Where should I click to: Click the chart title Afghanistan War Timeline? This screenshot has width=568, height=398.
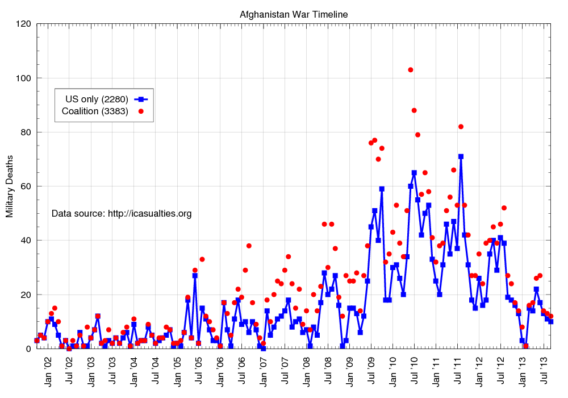click(x=294, y=14)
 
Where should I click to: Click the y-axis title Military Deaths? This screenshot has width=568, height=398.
click(x=10, y=185)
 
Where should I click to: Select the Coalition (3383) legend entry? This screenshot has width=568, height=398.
click(x=95, y=111)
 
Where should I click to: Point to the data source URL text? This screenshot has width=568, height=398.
click(x=122, y=214)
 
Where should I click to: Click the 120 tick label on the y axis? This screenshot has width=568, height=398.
click(x=23, y=24)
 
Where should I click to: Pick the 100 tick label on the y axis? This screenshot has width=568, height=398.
click(x=23, y=78)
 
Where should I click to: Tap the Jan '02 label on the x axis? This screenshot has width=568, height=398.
click(x=48, y=370)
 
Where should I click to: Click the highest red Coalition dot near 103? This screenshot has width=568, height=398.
click(x=411, y=70)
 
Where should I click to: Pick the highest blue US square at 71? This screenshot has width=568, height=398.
click(x=461, y=156)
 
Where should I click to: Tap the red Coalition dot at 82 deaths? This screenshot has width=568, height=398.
click(x=461, y=127)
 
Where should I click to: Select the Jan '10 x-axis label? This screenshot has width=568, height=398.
click(x=392, y=370)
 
